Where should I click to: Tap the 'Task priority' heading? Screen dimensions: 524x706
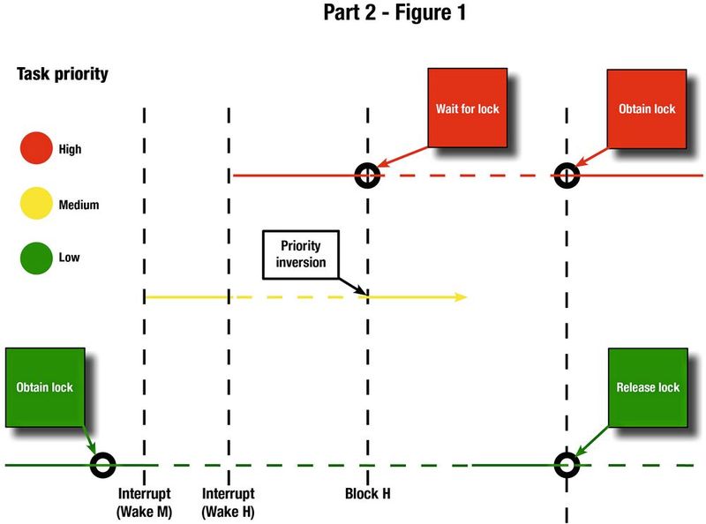63,74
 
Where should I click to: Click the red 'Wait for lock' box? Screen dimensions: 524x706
467,108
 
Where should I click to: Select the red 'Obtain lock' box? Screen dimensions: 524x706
647,108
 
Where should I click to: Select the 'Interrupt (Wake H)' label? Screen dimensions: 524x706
229,502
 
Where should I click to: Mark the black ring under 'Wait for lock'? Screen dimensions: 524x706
367,176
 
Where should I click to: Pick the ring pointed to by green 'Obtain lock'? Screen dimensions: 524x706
103,464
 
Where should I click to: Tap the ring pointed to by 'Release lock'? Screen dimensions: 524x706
566,464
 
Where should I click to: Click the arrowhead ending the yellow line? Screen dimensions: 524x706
461,297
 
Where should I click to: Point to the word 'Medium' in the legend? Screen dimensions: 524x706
79,205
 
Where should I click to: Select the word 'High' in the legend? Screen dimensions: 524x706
70,149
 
